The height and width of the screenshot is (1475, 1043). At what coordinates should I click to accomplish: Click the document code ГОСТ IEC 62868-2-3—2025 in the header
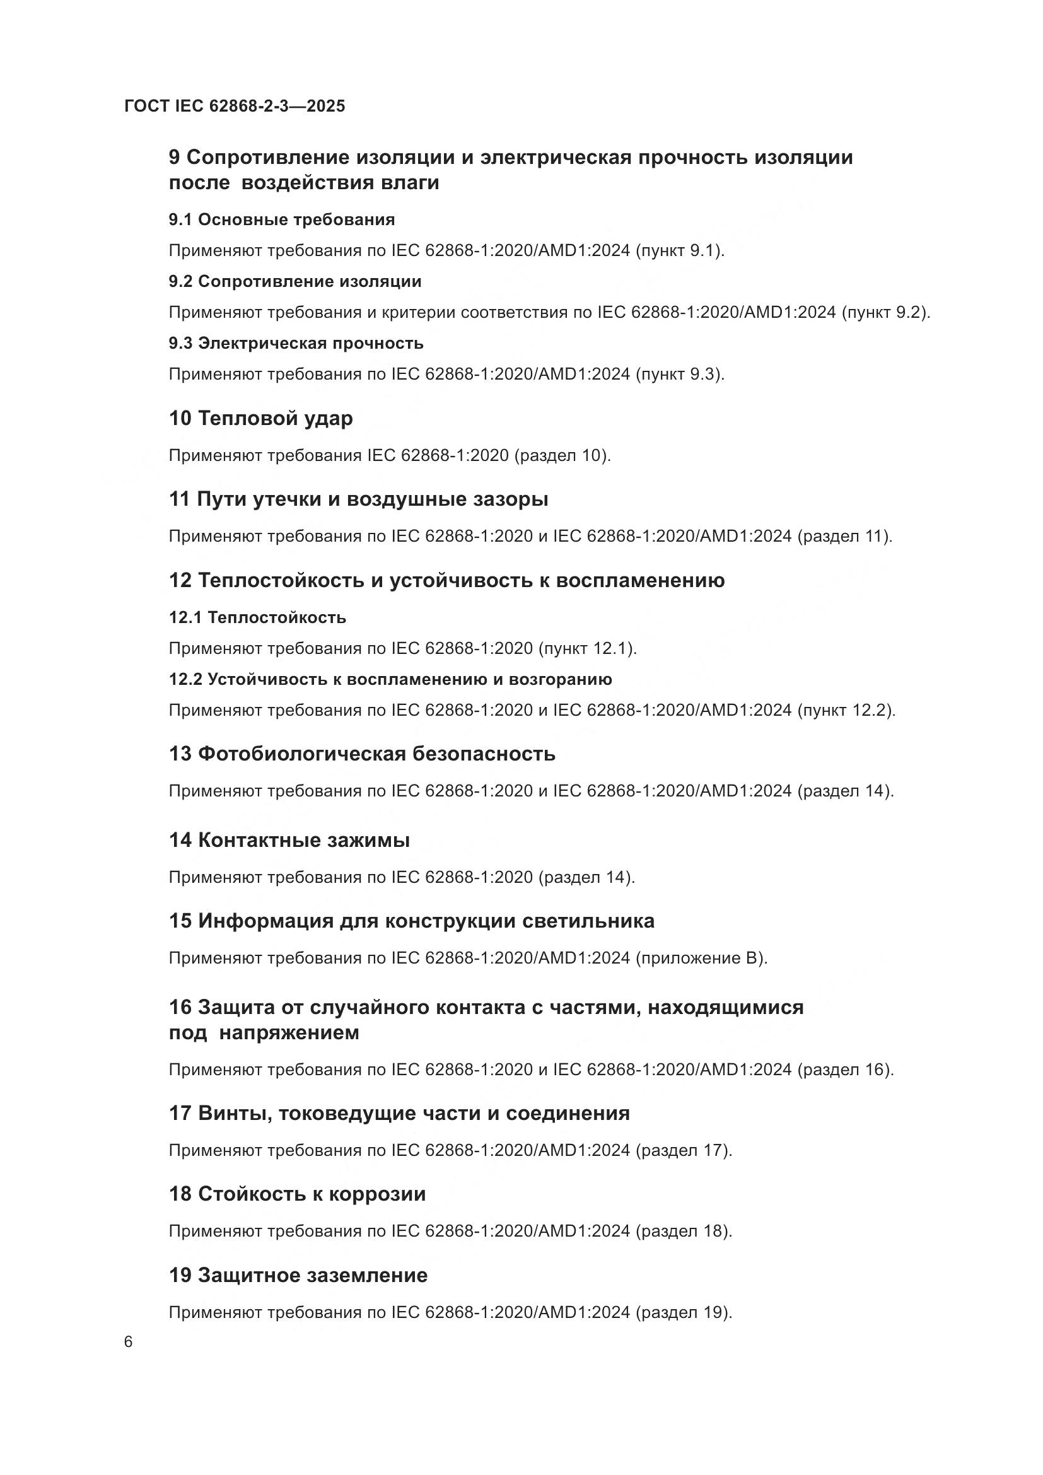(235, 106)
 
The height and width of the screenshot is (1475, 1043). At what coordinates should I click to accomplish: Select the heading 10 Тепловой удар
(261, 418)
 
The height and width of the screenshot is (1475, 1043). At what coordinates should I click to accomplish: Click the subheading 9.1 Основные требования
(282, 219)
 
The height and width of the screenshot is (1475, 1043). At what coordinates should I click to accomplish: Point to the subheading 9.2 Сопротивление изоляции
(295, 281)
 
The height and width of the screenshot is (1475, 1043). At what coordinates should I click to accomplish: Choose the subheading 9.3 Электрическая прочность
(296, 343)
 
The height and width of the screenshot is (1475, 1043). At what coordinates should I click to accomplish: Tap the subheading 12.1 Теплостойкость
(257, 617)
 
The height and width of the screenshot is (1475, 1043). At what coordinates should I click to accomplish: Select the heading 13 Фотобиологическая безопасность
(362, 753)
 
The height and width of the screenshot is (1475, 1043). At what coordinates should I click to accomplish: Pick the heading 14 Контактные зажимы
(289, 839)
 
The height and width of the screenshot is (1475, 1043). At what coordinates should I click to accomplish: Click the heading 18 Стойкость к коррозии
(298, 1194)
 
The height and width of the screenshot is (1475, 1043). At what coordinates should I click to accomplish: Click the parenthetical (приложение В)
(701, 958)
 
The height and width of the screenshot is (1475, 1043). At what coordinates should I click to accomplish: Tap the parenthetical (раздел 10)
(562, 455)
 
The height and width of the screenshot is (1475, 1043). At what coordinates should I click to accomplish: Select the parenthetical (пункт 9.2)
(885, 312)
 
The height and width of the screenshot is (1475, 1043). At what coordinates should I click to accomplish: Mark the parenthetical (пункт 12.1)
(588, 648)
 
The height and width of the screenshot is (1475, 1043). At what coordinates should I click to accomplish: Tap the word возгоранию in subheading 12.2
(560, 679)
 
